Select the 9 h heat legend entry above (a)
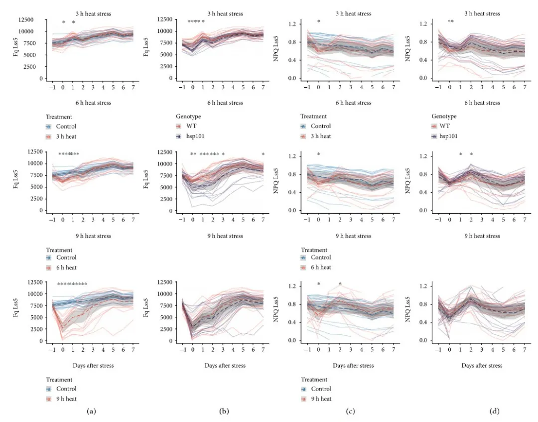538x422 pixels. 68,399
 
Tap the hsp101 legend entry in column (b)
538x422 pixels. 197,136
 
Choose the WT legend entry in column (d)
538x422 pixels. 449,126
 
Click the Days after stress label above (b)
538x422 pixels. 225,366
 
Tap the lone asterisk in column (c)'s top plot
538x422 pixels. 319,22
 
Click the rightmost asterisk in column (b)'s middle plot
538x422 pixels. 263,154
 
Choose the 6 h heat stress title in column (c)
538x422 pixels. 353,103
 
